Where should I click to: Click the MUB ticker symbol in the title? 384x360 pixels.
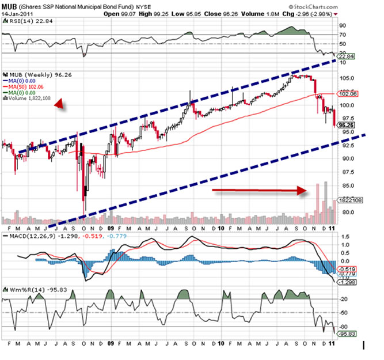coord(8,5)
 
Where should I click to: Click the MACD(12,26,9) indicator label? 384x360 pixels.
coord(25,236)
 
